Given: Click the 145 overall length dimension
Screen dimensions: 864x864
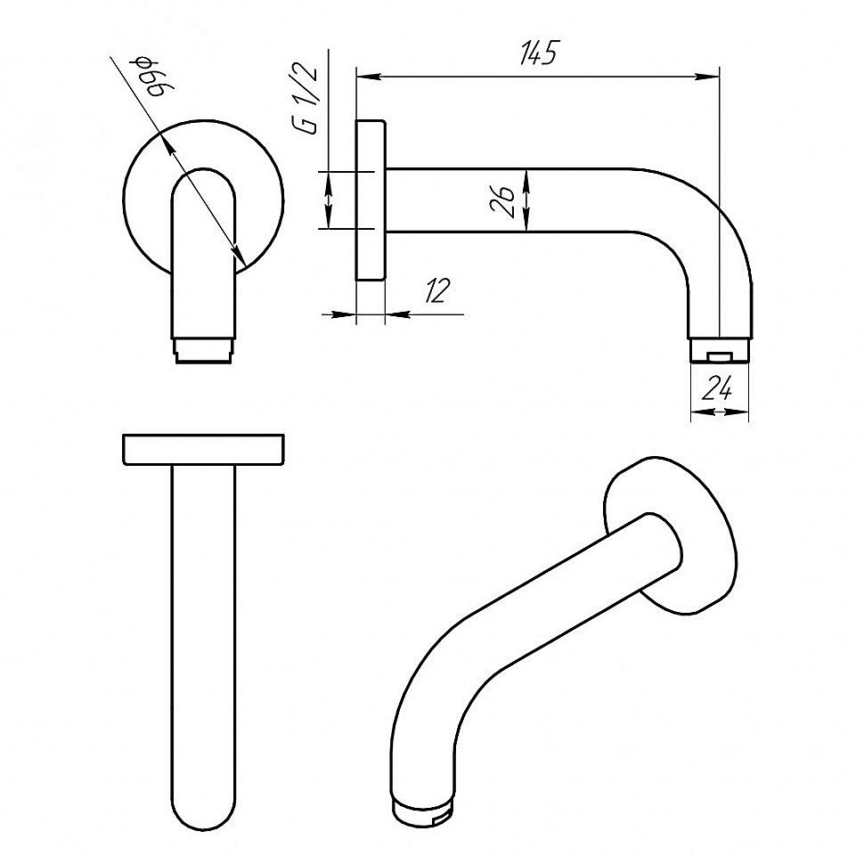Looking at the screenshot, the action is tap(538, 53).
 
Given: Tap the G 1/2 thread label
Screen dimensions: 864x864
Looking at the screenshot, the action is tap(306, 99).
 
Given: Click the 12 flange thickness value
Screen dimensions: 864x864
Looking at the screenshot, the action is tap(437, 290).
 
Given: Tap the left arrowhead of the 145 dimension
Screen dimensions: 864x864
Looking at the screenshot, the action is tap(369, 77).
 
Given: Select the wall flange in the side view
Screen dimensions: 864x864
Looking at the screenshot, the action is tap(371, 200).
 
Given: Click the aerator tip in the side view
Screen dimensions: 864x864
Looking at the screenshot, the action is tap(721, 350).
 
